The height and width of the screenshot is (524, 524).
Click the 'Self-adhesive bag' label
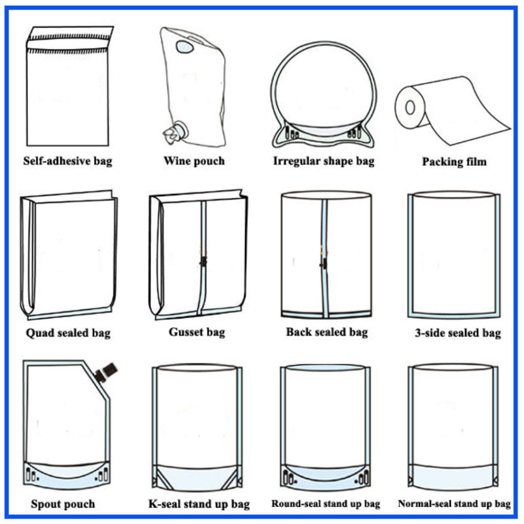point(68,161)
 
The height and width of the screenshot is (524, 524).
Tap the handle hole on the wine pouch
point(185,47)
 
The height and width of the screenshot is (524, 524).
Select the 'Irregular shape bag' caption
point(323,161)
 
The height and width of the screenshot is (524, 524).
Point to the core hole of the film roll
point(410,107)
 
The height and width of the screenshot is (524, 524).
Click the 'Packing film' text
point(454,162)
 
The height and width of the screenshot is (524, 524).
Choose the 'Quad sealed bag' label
point(68,333)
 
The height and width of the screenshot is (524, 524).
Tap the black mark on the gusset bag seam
point(203,261)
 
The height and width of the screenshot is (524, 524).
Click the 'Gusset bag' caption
point(196,332)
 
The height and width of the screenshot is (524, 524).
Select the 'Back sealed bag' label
point(326,332)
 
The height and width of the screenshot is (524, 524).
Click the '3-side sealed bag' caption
point(457,333)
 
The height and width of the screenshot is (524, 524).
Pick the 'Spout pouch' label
point(63,504)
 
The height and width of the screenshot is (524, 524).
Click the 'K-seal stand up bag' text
point(199,504)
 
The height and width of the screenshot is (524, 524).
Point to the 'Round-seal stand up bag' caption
point(326,504)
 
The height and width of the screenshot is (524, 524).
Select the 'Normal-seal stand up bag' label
point(454,504)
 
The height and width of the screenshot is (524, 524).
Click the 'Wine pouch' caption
point(194,161)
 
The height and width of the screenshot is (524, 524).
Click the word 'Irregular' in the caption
point(294,161)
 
